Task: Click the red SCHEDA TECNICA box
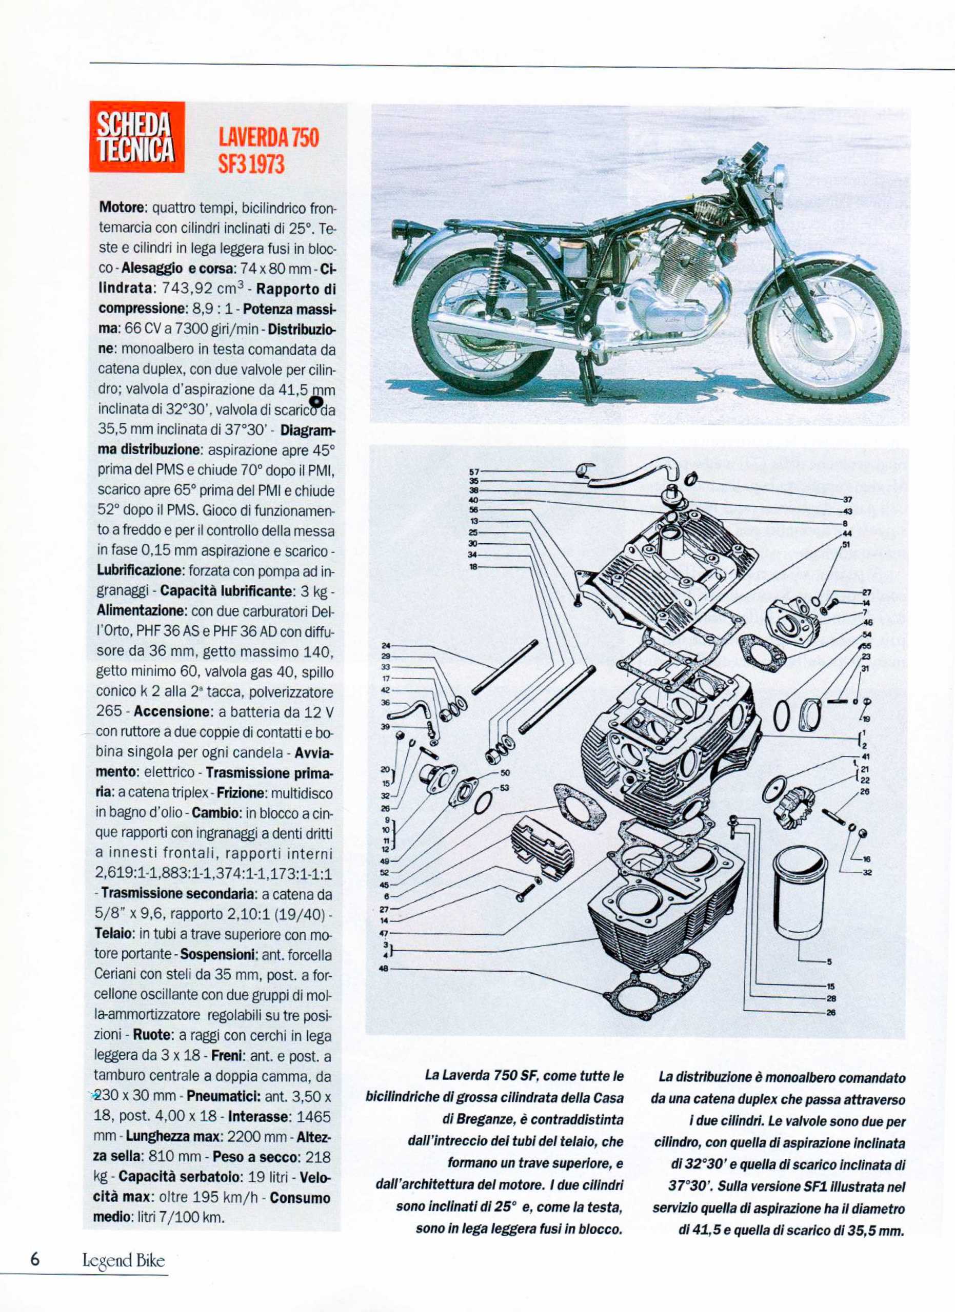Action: point(136,136)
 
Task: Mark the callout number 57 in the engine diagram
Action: point(474,471)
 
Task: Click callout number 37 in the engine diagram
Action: point(848,500)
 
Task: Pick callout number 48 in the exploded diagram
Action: point(383,969)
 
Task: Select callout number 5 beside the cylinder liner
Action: point(829,962)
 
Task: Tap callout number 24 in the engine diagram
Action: point(386,646)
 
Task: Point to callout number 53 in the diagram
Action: point(505,788)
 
